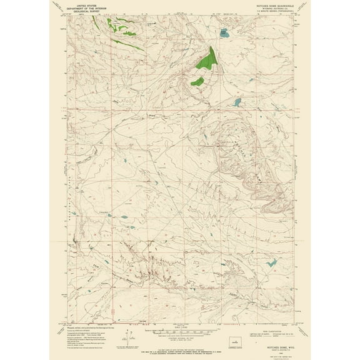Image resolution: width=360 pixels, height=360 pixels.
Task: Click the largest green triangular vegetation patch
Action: tap(207, 59)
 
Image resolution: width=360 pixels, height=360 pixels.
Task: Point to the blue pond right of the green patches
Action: tap(237, 102)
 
